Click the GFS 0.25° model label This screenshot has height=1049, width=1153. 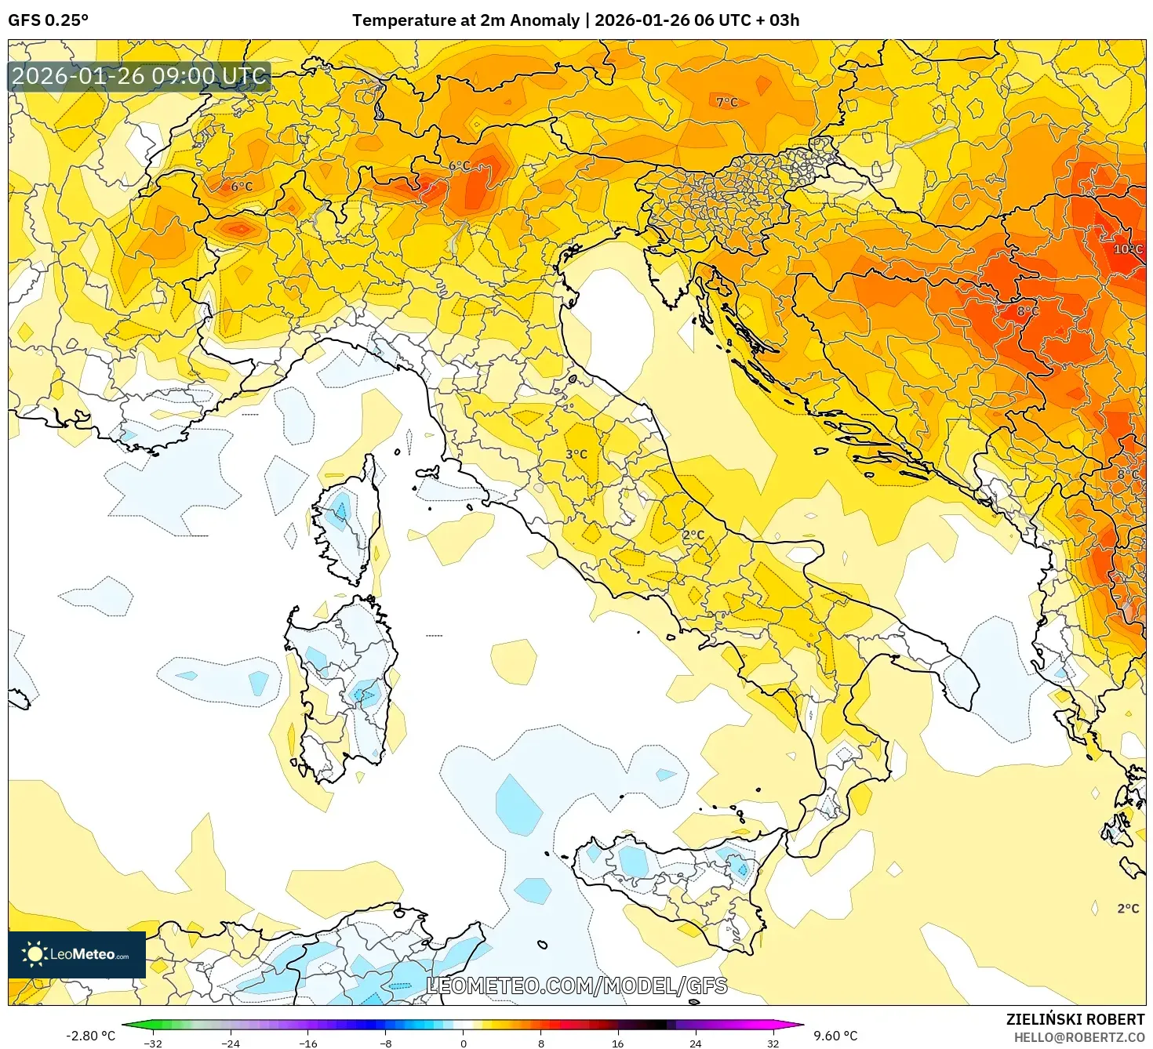click(48, 20)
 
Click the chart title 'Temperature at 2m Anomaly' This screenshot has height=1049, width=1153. click(465, 20)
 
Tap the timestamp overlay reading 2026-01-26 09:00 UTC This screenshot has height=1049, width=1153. click(139, 76)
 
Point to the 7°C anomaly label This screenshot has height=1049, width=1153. click(726, 102)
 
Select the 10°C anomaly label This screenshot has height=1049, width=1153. click(1127, 249)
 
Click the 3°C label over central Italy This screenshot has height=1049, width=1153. click(576, 454)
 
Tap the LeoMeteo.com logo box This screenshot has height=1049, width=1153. click(77, 954)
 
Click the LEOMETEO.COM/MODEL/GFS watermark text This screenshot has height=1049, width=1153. click(576, 985)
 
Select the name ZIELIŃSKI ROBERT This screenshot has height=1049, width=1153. click(1075, 1019)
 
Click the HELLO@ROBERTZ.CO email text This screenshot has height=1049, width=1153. click(1078, 1037)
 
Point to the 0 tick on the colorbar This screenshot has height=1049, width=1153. click(464, 1043)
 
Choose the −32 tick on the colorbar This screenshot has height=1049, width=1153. click(154, 1043)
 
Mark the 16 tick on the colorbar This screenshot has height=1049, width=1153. click(618, 1043)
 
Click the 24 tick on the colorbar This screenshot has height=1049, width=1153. click(695, 1043)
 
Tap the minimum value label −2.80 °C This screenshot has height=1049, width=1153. click(90, 1036)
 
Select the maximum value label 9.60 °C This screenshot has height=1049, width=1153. click(835, 1036)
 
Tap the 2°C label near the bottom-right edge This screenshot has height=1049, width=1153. click(1128, 909)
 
